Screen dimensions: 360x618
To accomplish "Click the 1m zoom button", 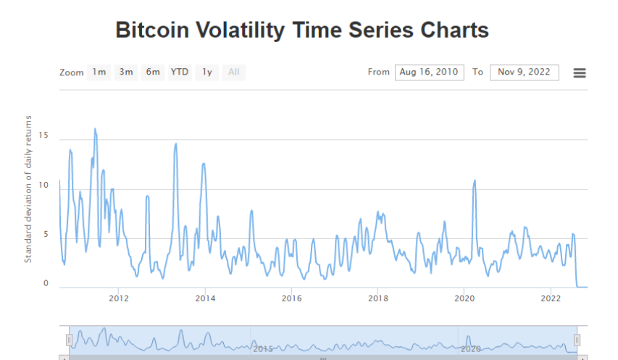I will pos(99,72).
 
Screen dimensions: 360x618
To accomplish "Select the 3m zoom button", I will pos(126,72).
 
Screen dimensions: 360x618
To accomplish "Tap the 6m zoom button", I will pos(153,72).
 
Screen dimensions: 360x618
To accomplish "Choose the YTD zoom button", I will pos(180,72).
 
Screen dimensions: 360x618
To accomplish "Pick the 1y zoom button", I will pos(206,72).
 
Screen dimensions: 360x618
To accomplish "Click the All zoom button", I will pos(234,72).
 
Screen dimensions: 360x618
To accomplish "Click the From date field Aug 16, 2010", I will pos(429,72).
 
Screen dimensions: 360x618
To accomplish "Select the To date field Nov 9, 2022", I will pos(524,72).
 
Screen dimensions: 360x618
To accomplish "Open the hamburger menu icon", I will pos(580,72).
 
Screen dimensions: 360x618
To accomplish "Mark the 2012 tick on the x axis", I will pos(119,298).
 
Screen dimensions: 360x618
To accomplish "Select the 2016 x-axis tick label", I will pos(291,298).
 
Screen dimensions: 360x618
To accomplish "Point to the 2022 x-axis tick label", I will pos(551,298).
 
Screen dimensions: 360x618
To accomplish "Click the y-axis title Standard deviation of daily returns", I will pos(29,188).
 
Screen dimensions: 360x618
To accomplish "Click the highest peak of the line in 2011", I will pos(95,129).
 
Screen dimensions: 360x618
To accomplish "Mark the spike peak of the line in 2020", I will pos(475,180).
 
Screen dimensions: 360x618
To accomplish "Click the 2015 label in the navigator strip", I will pos(262,348).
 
